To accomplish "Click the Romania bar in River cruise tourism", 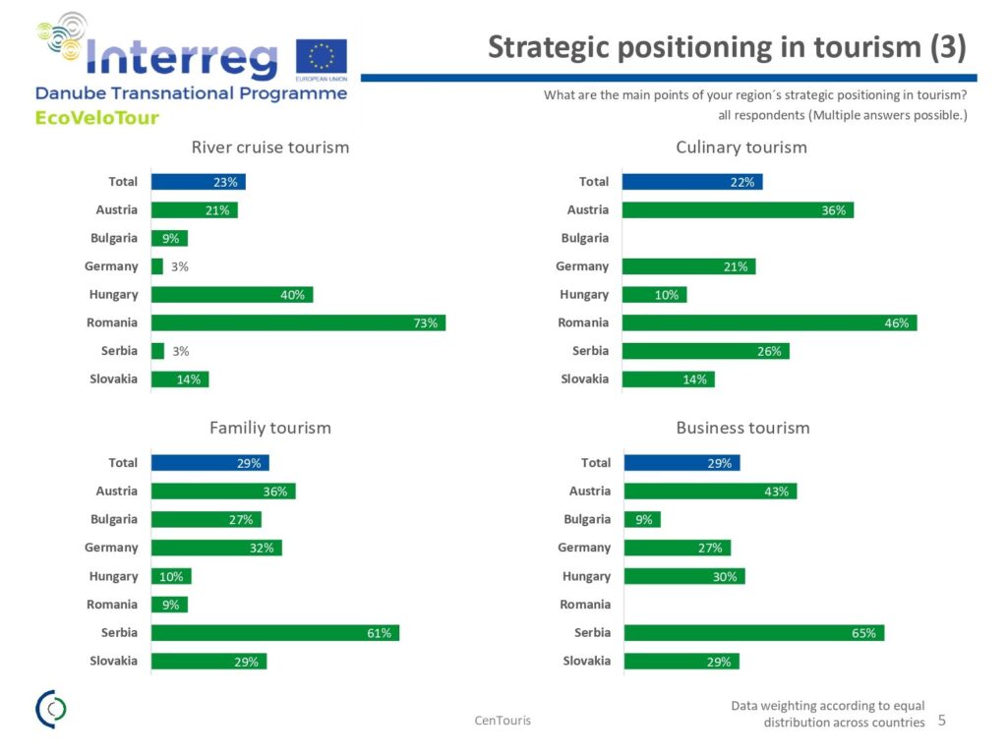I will point(298,322).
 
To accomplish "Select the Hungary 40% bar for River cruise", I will point(232,294).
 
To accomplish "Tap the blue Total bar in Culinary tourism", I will point(692,182).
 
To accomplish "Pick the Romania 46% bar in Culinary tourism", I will point(769,322).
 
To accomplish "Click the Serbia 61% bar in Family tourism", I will point(275,633).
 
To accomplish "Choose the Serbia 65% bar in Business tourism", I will point(754,633).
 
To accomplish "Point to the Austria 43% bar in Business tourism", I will point(710,492).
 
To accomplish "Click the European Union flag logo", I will point(321,60).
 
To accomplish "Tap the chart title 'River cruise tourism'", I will point(269,147).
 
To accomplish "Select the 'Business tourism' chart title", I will point(742,428).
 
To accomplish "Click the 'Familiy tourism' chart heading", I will point(269,428).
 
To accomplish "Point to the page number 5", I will point(941,721).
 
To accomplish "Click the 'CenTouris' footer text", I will point(503,721).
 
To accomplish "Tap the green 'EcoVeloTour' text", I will point(96,118).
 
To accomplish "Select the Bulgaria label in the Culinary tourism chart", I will point(584,238).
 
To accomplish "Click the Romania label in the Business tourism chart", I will point(585,605).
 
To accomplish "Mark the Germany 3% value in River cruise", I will point(179,266).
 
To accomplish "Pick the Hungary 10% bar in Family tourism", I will point(171,577).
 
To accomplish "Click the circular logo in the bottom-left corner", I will point(51,709).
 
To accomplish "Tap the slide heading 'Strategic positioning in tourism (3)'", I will point(727,47).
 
